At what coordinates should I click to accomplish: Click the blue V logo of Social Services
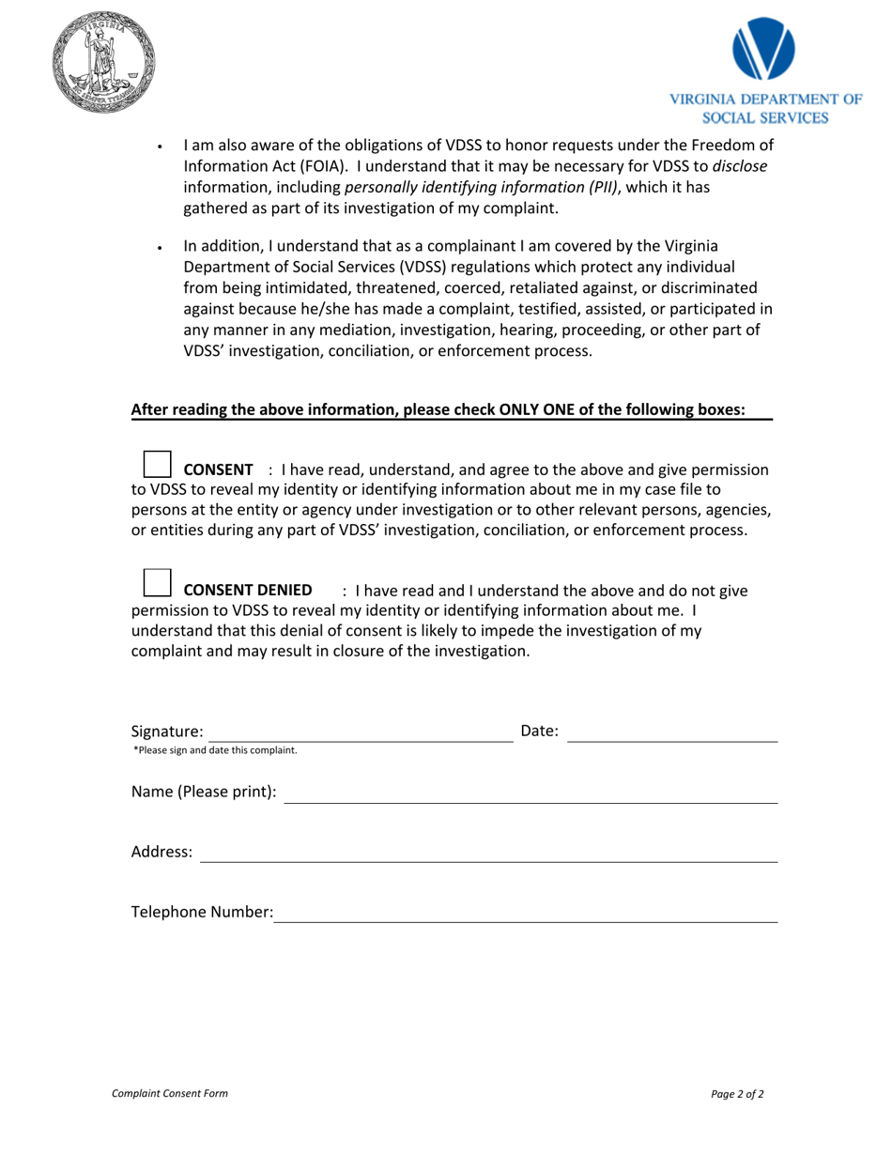click(x=763, y=49)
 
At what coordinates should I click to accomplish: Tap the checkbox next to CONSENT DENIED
click(x=157, y=582)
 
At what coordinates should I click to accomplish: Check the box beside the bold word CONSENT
click(x=157, y=463)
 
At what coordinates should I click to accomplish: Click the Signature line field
click(x=360, y=732)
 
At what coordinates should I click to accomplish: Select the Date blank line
click(x=672, y=732)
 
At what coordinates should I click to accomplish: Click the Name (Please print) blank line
click(x=531, y=793)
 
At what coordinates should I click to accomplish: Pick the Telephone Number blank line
click(x=525, y=913)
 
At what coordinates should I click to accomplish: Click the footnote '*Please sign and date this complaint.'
click(x=215, y=750)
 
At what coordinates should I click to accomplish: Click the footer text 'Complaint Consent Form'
click(x=169, y=1093)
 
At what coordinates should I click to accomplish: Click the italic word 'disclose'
click(x=740, y=166)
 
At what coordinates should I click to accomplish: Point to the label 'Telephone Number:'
click(x=202, y=912)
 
